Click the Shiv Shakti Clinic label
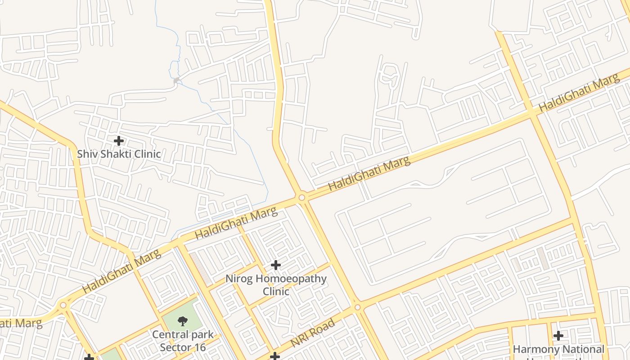(119, 153)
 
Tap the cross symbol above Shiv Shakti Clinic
(118, 141)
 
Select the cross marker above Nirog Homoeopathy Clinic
(276, 265)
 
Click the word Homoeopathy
(291, 279)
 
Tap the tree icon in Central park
(182, 321)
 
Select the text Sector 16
(183, 347)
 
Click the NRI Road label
(313, 333)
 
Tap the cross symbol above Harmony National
(558, 335)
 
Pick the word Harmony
(534, 349)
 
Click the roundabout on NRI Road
(357, 307)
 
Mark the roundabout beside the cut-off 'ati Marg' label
(63, 305)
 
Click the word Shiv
(86, 153)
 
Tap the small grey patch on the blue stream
(176, 81)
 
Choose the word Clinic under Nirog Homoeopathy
(276, 291)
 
